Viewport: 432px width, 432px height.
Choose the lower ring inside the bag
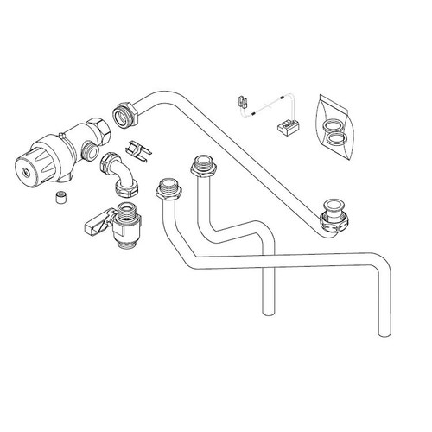click(x=336, y=137)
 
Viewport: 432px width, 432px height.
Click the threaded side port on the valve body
click(x=88, y=154)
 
